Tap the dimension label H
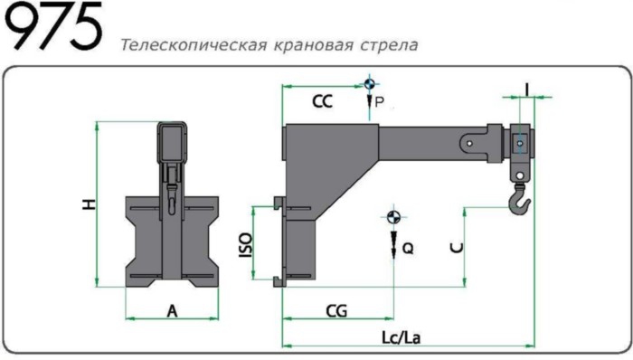88,204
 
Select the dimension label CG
335,310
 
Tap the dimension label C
457,246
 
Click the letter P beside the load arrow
379,104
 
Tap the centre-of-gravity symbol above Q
393,217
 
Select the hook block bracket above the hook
520,147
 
